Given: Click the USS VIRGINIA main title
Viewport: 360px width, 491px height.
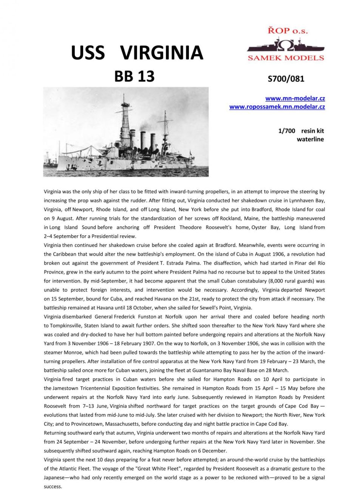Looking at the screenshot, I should point(137,52).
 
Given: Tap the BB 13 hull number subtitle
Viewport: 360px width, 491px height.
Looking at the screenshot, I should point(134,76).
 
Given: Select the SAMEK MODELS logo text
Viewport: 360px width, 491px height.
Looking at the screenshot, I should point(286,58).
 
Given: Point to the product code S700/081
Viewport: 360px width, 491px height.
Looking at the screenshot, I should point(286,79).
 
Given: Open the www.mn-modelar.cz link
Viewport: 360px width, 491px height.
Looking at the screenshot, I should point(295,99).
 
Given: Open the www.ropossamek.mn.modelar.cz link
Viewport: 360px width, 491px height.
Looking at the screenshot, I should point(277,107).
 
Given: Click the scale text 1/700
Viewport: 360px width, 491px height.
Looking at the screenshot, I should point(286,131).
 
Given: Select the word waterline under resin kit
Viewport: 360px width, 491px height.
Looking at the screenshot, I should point(310,139).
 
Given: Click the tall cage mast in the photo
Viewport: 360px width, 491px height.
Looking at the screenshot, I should point(124,121).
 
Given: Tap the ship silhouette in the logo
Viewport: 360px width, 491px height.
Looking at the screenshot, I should point(286,46).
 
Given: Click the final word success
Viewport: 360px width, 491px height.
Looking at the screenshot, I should point(53,487).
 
